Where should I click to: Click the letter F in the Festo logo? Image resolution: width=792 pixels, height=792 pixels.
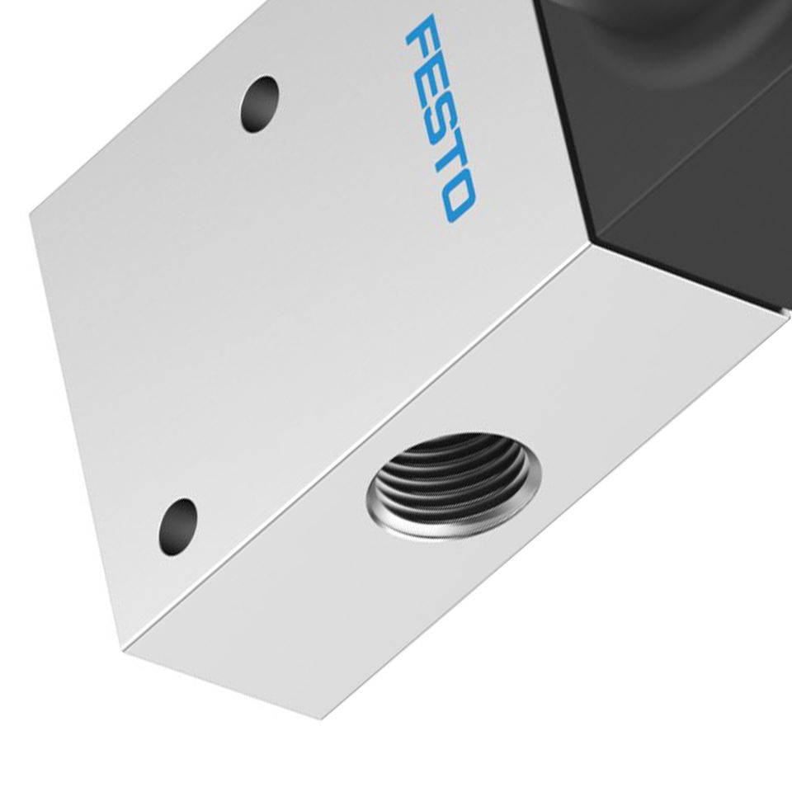tap(422, 35)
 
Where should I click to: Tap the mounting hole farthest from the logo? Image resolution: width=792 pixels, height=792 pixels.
tap(177, 527)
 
